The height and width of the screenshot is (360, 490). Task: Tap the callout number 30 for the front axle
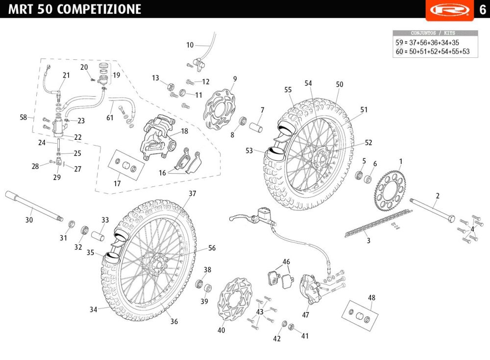pos(29,220)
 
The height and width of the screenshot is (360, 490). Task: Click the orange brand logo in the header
pos(450,10)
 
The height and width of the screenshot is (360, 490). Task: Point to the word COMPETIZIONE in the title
pos(99,9)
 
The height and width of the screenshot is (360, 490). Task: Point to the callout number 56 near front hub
pos(212,248)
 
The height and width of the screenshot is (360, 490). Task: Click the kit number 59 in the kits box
pos(399,43)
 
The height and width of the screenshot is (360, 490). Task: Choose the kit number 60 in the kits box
pos(399,51)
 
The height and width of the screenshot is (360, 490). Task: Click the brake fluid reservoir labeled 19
pos(103,74)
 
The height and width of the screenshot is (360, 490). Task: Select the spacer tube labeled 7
pos(256,127)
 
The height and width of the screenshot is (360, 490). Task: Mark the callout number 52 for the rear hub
pos(368,143)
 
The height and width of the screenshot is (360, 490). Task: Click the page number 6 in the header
pos(483,10)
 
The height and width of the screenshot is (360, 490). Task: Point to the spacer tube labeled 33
pos(98,236)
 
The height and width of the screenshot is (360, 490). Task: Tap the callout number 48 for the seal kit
pos(371,298)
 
